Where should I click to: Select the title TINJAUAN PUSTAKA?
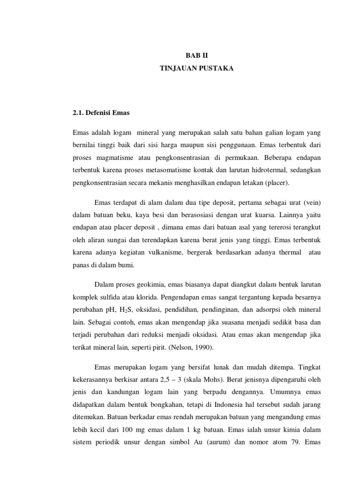click(195, 68)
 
